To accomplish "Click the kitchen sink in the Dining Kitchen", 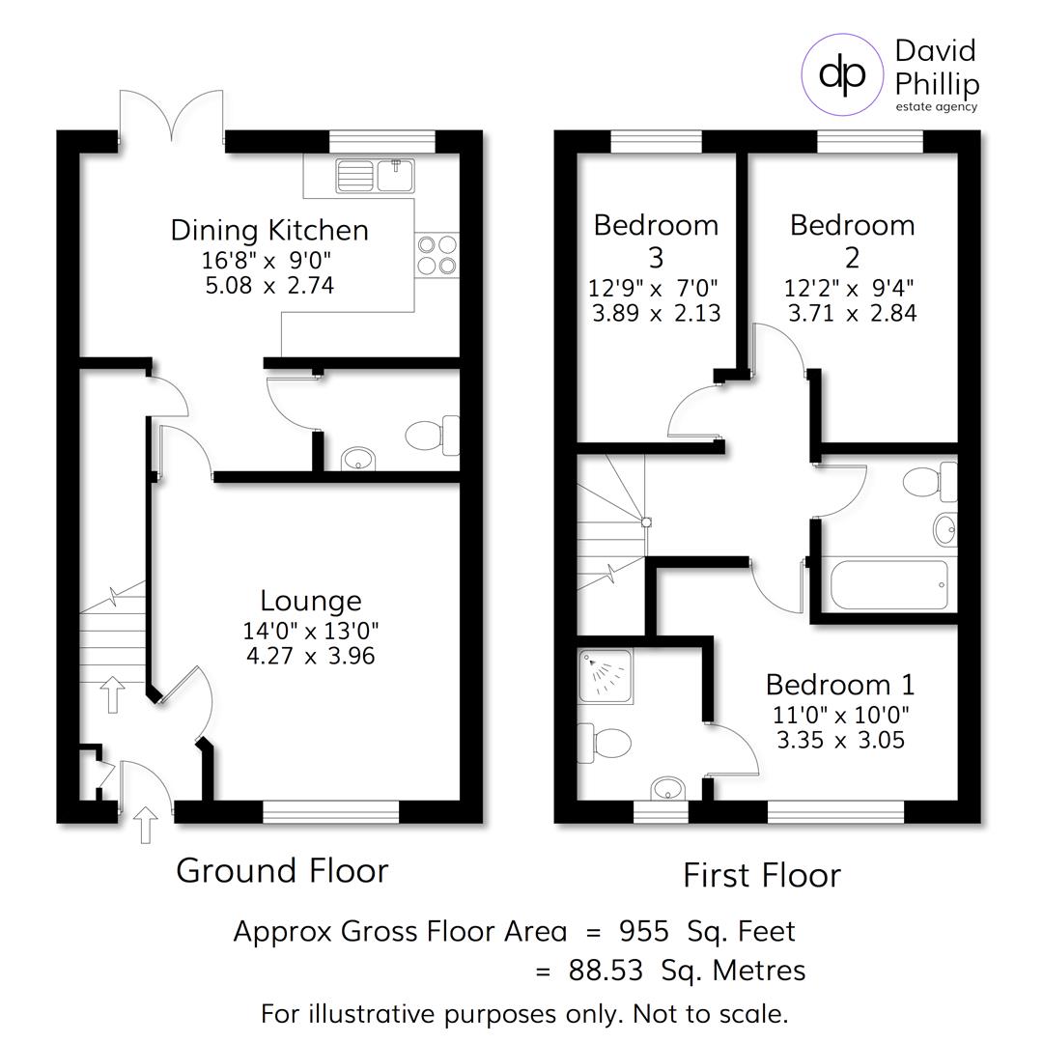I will [375, 175].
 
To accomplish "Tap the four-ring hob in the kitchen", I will [436, 255].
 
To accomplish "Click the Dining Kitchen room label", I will [269, 230].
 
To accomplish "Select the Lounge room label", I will [310, 601].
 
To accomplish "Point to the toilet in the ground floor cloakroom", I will [433, 436].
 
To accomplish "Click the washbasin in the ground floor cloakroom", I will [357, 458].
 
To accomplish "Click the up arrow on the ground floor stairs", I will [113, 694].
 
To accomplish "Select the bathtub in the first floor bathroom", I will [889, 585].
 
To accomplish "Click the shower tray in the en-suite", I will [605, 676].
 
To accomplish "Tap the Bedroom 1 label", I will [839, 685].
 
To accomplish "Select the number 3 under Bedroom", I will [656, 258].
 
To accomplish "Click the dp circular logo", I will [842, 75].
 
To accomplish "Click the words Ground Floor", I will [282, 870].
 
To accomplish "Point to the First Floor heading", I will [761, 875].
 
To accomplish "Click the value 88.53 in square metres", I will [605, 971].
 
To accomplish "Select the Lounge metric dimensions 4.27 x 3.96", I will [310, 657].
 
